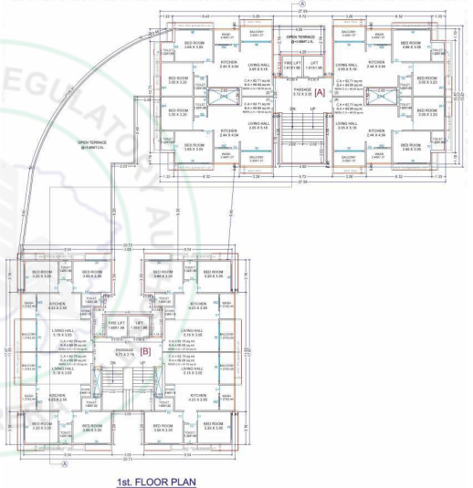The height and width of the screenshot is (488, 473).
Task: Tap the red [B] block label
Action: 143,350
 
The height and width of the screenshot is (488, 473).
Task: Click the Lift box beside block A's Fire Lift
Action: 314,67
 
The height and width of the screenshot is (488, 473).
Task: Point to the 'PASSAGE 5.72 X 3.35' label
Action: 301,91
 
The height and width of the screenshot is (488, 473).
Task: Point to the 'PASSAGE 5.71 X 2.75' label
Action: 124,350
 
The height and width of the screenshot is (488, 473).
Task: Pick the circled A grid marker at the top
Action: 300,4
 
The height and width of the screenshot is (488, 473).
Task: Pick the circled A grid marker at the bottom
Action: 63,463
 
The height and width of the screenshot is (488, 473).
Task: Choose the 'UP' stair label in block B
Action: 142,363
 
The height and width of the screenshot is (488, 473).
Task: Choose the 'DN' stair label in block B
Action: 114,363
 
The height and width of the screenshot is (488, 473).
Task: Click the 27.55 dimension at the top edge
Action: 300,11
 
